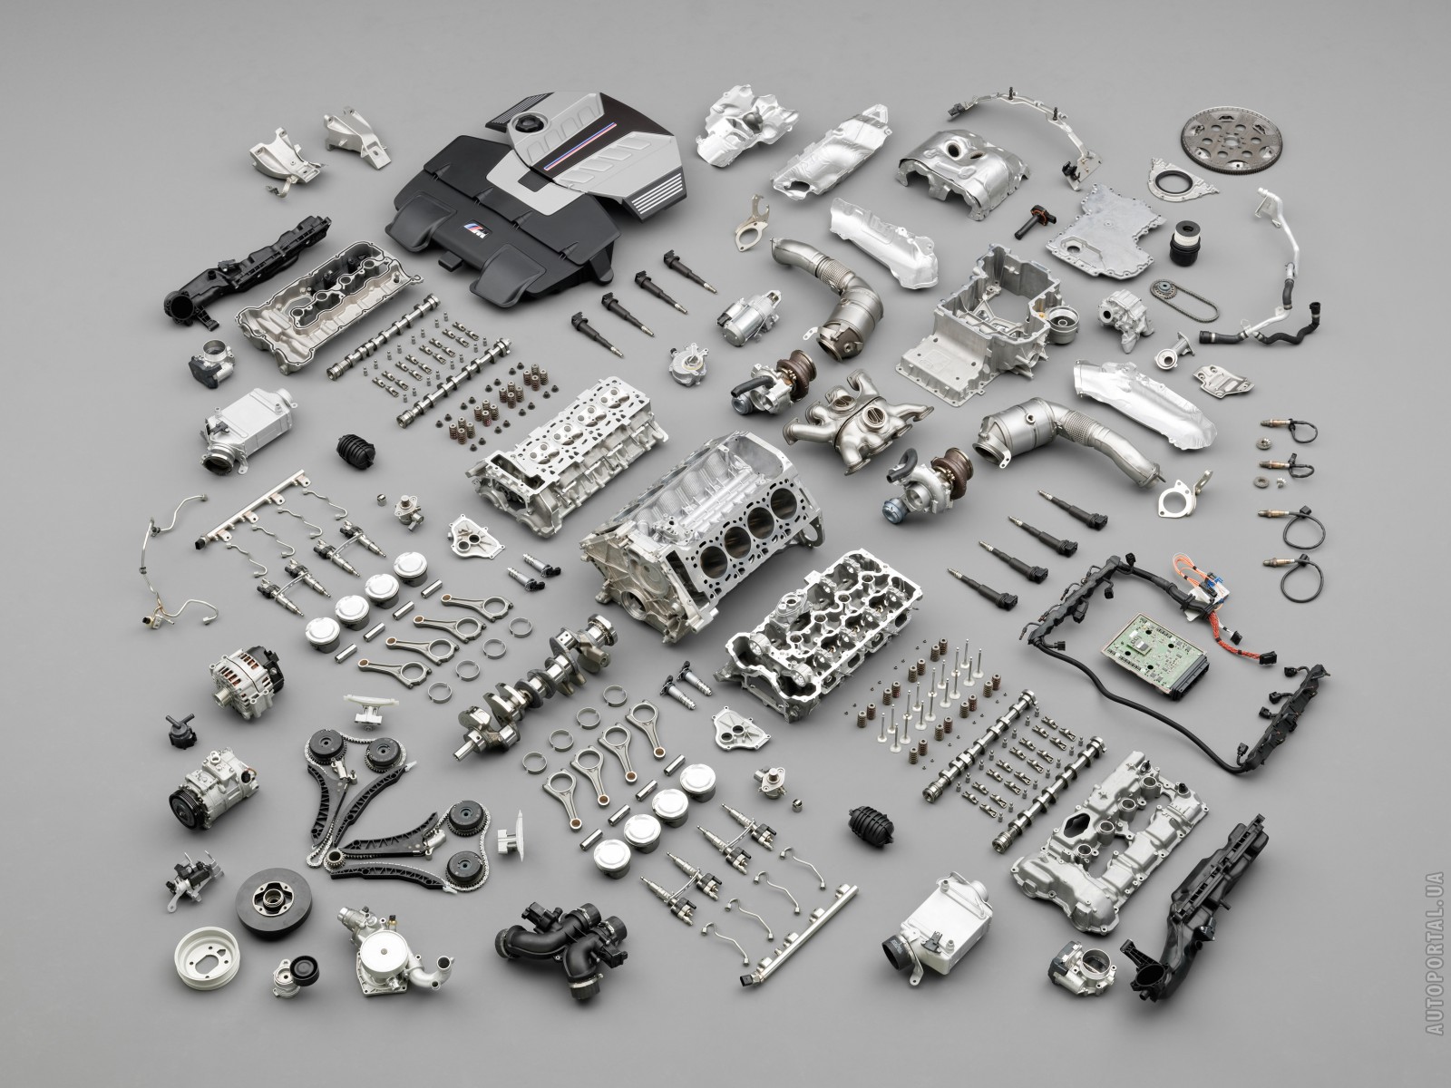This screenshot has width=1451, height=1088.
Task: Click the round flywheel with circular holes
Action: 1231,140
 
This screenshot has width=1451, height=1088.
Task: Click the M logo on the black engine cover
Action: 474,228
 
